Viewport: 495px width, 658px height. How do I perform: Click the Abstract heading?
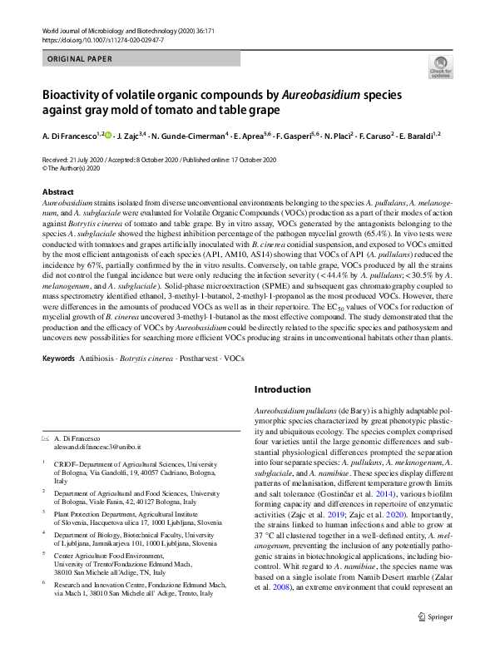pyautogui.click(x=57, y=192)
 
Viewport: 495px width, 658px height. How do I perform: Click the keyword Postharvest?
pyautogui.click(x=196, y=359)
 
